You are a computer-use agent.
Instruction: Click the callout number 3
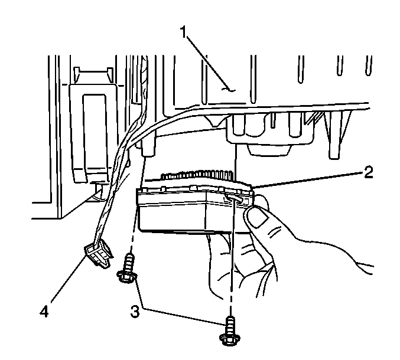135,311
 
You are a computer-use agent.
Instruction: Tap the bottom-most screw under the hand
229,331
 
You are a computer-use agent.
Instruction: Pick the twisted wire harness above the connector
116,189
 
